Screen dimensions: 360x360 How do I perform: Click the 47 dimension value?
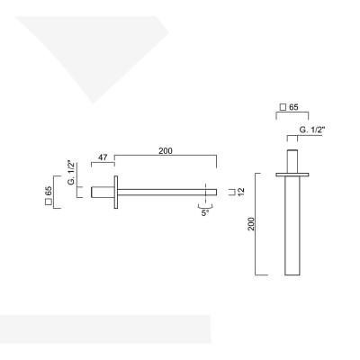[x=103, y=157]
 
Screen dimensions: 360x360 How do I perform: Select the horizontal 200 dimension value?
[x=165, y=150]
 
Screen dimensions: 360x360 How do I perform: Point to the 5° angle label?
[x=205, y=213]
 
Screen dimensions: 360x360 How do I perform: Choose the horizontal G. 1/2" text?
[x=311, y=130]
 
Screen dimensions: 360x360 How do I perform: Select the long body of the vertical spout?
[x=292, y=225]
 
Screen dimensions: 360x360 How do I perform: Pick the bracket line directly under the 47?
[x=103, y=165]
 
